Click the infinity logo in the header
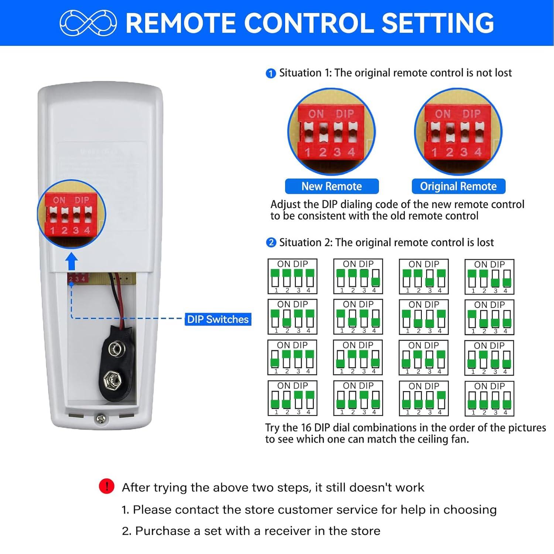(88, 23)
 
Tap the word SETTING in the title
(438, 23)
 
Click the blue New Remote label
(332, 186)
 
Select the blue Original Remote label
(458, 186)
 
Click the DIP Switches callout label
(218, 319)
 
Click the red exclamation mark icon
(106, 486)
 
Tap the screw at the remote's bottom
(100, 418)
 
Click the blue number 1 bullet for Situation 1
(271, 73)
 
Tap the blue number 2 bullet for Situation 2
(271, 243)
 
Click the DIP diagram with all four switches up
(293, 276)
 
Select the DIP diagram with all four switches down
(489, 398)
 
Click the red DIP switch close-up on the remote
(72, 214)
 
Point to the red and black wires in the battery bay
(119, 295)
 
